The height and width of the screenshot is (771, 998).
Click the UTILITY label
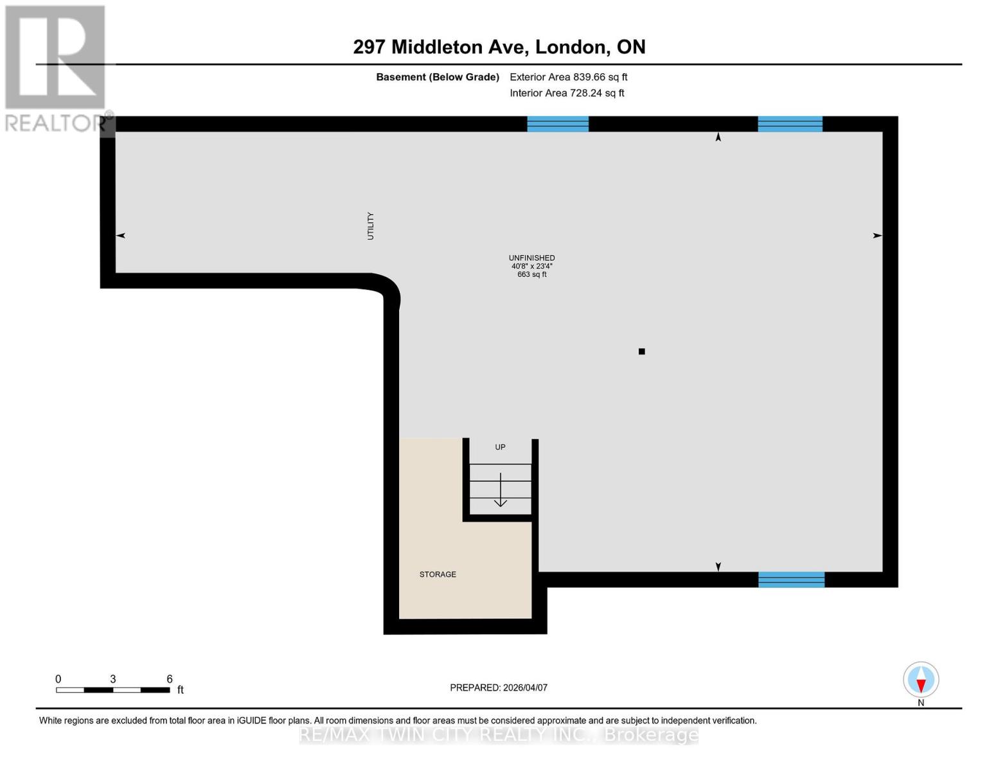[370, 226]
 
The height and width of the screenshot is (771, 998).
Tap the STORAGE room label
[438, 574]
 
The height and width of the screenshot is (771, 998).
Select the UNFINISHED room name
[531, 258]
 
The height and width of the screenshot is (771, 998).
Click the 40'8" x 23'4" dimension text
[531, 266]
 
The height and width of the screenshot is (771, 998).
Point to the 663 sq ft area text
[531, 274]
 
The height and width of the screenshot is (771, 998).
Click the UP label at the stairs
[500, 447]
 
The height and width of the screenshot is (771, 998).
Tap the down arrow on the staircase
[500, 491]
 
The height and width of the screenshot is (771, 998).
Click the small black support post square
[641, 351]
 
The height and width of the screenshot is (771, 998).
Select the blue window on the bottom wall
[791, 580]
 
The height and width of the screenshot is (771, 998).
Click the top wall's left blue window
[558, 124]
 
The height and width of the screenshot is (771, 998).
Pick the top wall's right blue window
[790, 124]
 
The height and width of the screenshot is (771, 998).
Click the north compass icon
[921, 680]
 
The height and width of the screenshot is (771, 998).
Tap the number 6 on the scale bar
[170, 679]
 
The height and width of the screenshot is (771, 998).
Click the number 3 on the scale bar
[113, 679]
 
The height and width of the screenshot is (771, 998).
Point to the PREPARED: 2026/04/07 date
[499, 687]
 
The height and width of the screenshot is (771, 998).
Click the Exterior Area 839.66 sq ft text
[568, 77]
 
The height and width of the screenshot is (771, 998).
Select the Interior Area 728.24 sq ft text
[567, 93]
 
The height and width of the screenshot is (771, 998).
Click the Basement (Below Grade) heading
[438, 77]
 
